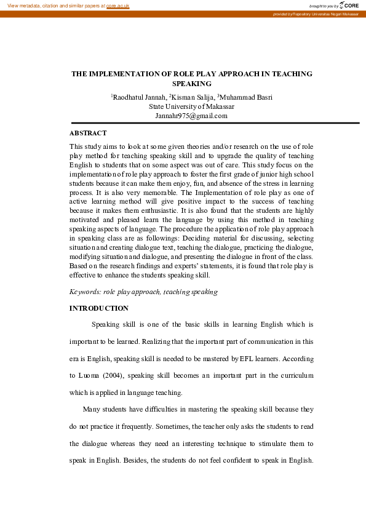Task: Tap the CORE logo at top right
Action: pyautogui.click(x=349, y=5)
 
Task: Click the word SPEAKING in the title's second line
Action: pyautogui.click(x=192, y=84)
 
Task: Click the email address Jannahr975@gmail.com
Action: pyautogui.click(x=191, y=115)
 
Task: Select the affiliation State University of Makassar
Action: pyautogui.click(x=191, y=106)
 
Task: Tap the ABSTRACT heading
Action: pyautogui.click(x=88, y=133)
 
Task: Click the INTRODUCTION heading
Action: pyautogui.click(x=99, y=308)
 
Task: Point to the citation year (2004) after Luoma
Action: pyautogui.click(x=120, y=375)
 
